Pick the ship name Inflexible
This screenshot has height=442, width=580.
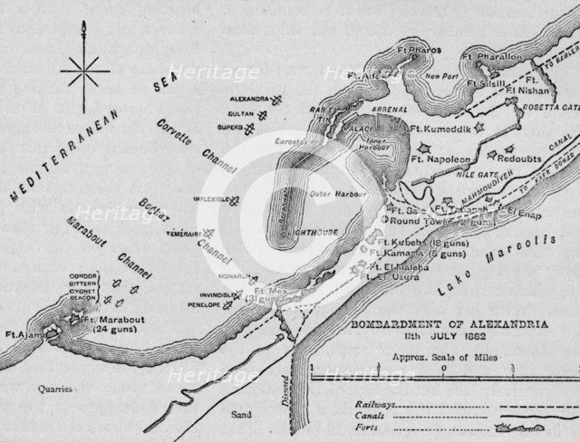tap(209, 199)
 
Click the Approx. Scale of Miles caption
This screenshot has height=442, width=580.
tap(430, 358)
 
